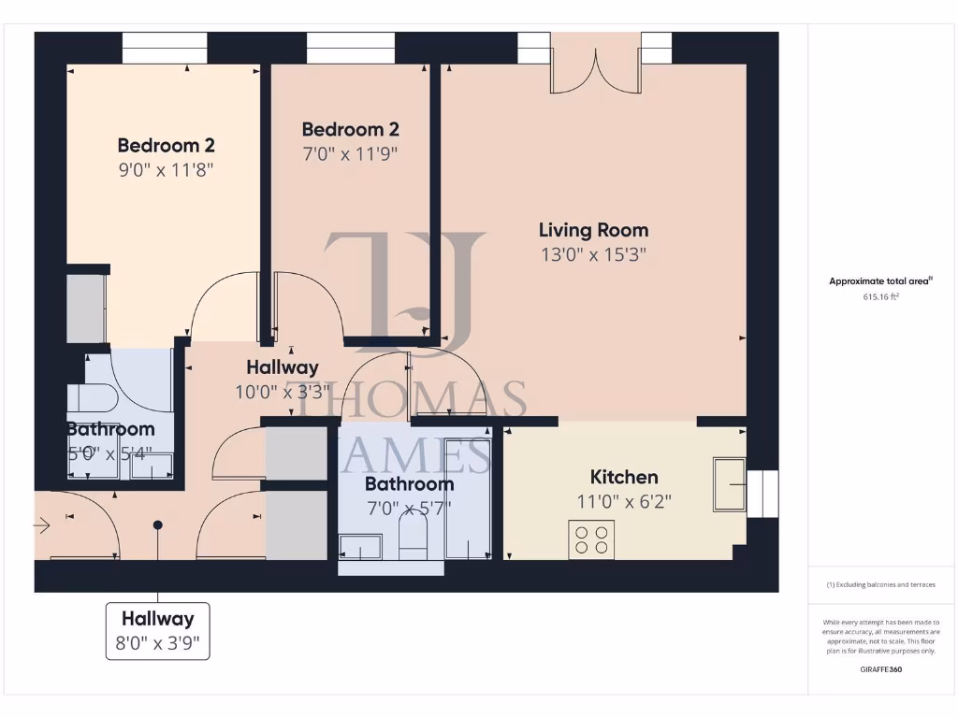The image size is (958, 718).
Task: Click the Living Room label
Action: point(593,230)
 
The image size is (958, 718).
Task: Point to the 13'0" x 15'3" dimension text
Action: point(593,254)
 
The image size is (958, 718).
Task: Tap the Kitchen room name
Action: point(623,477)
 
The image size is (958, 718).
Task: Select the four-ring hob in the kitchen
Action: point(592,538)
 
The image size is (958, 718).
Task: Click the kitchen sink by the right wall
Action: point(730,485)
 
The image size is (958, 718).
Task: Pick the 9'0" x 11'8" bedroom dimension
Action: point(166,170)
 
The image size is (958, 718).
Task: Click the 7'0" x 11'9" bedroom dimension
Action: point(350,153)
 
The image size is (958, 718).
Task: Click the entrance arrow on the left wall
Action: point(41,526)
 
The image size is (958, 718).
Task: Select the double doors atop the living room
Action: point(595,64)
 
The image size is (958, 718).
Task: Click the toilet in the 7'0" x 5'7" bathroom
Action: point(413,538)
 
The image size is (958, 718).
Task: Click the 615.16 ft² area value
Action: point(879,296)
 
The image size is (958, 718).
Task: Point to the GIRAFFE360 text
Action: point(880,669)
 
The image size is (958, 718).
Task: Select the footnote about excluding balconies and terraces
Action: point(880,585)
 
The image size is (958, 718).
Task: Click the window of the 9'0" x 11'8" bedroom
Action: point(165,48)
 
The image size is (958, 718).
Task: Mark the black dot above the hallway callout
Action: point(157,525)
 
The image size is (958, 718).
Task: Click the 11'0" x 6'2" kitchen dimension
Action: point(623,501)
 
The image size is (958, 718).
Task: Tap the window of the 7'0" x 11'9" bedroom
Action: point(350,48)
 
